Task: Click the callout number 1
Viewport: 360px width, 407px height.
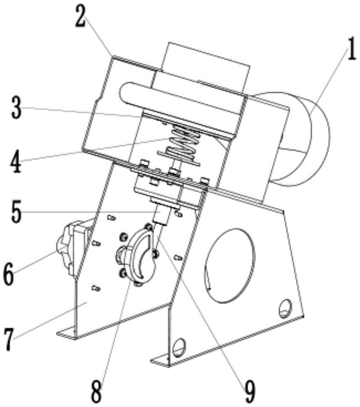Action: (x=351, y=49)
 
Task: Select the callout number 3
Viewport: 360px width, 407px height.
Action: (x=16, y=107)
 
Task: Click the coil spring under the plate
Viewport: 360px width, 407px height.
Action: (x=185, y=140)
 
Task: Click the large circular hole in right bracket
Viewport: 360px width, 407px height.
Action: (x=230, y=265)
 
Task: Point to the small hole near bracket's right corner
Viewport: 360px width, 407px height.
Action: (x=285, y=309)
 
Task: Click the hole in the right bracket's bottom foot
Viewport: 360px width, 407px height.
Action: (x=179, y=348)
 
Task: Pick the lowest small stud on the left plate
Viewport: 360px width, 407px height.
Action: (x=96, y=288)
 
